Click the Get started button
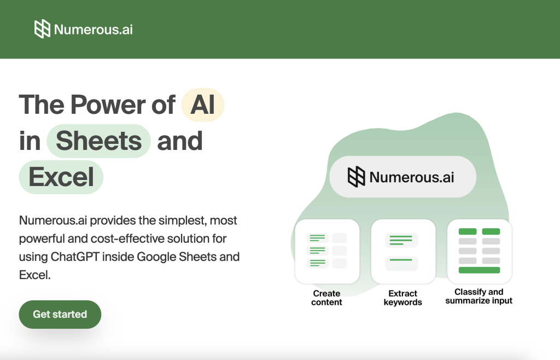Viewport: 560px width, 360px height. [x=60, y=314]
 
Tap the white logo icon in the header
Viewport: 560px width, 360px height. [x=42, y=29]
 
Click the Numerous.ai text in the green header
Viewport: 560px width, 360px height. [x=93, y=30]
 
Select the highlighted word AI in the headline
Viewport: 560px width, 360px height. [x=202, y=105]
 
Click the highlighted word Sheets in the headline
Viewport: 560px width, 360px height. [x=98, y=141]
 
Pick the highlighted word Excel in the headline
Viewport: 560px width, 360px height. [x=61, y=177]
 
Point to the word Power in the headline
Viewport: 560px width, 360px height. [x=108, y=105]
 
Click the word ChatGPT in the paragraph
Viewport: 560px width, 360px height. [x=74, y=257]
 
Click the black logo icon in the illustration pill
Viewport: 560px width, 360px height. [x=356, y=177]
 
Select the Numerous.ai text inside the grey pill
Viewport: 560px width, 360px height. [x=411, y=177]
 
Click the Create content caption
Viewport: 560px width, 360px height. [x=326, y=298]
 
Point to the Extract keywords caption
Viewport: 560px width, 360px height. [x=403, y=298]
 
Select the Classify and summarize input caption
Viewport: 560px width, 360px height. [x=479, y=297]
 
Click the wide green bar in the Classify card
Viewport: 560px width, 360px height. [x=479, y=270]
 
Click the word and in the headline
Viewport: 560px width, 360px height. [x=179, y=141]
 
